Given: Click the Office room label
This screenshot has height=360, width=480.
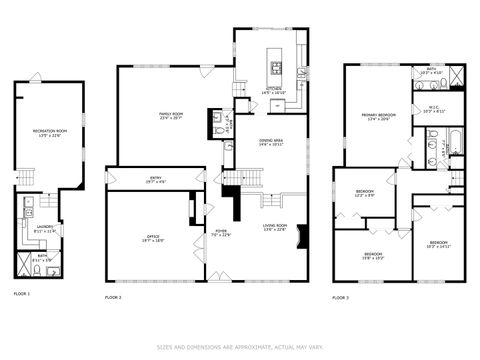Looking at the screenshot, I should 153,239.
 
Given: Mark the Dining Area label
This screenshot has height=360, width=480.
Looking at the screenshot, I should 271,142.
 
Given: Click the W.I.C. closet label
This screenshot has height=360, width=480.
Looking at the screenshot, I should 433,109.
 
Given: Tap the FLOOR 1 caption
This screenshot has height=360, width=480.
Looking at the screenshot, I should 22,294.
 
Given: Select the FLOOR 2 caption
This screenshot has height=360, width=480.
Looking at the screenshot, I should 113,297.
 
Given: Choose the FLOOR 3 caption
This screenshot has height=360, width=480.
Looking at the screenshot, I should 341,297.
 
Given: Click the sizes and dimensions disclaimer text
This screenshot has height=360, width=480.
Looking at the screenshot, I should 240,347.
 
